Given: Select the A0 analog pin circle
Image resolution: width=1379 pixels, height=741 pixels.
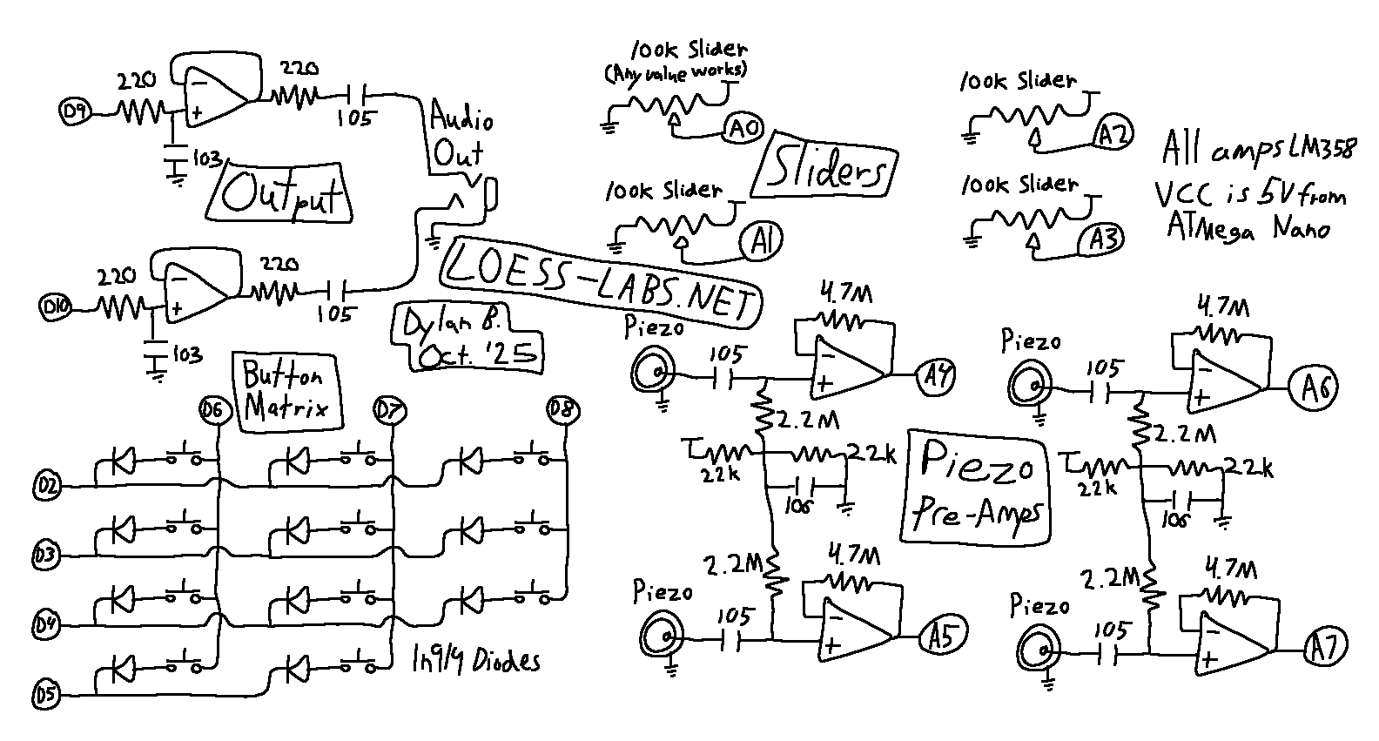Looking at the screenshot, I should click(x=742, y=130).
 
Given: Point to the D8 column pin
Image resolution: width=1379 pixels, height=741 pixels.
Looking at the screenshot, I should click(x=562, y=408).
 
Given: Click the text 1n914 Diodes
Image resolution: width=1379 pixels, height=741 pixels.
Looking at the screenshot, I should click(x=474, y=660).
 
